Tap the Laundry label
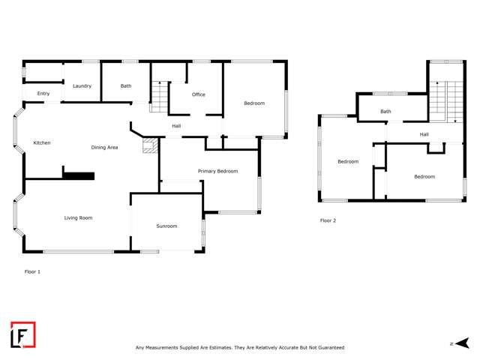pos(82,86)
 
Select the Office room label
pos(199,94)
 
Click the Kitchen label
pos(41,142)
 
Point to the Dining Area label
pos(104,147)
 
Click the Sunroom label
pos(166,226)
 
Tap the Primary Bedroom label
pos(217,171)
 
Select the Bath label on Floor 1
pos(126,86)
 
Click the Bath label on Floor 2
pos(385,112)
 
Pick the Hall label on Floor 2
pos(424,134)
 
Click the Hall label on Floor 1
pos(176,126)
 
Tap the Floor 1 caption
pos(32,271)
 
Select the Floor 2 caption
pos(328,220)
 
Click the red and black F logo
pos(22,334)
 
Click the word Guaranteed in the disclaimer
pos(328,347)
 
